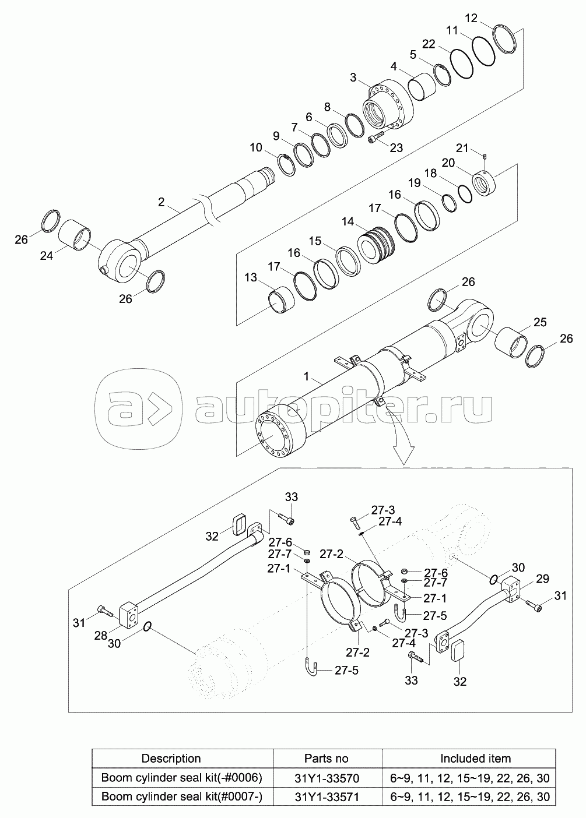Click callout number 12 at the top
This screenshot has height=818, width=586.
click(x=471, y=17)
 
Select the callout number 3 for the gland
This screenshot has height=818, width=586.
click(x=354, y=77)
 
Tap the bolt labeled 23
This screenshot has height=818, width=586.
click(x=377, y=138)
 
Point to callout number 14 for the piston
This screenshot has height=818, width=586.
click(x=348, y=221)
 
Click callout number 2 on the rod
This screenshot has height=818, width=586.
click(x=161, y=202)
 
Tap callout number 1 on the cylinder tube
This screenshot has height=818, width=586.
click(x=307, y=380)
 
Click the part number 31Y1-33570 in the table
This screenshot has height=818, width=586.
click(x=327, y=778)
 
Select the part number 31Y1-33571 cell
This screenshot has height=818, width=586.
click(x=327, y=796)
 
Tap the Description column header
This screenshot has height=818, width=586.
click(x=171, y=759)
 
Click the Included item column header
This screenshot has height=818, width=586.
click(x=475, y=759)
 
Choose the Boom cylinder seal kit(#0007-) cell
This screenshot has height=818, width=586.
click(x=181, y=796)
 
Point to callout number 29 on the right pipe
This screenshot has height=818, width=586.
click(x=542, y=579)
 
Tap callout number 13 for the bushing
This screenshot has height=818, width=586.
click(x=251, y=278)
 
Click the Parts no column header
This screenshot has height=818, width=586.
click(x=327, y=759)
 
